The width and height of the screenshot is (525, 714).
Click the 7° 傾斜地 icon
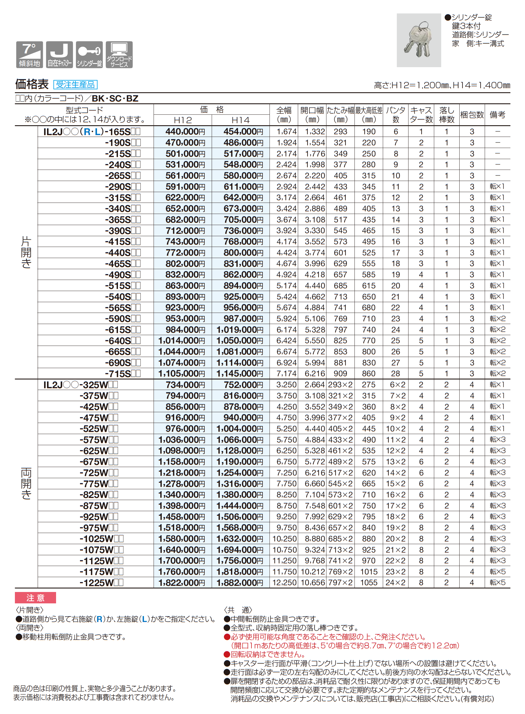29,55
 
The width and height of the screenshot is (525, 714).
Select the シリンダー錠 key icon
89,55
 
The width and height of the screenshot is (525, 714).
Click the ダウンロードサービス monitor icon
119,55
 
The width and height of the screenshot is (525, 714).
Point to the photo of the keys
418,40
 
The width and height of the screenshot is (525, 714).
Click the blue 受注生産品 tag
75,84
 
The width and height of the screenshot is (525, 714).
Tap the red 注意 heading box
35,598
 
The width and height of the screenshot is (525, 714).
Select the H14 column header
241,120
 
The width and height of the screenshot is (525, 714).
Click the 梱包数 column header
472,115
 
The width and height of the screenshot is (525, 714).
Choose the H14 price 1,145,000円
240,374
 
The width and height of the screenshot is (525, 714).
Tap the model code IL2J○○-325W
80,385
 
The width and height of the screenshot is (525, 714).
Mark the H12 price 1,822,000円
182,583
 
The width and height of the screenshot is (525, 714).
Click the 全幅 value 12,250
284,583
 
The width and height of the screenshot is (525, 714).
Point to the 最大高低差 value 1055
369,583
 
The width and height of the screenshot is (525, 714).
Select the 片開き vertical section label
26,252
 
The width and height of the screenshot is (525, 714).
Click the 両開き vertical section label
26,483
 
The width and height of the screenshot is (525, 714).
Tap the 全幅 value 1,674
286,131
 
